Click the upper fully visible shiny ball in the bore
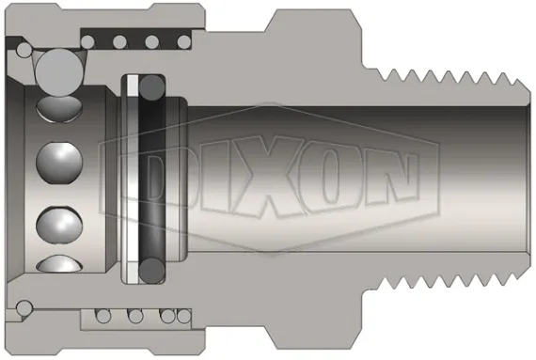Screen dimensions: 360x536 pos(55,163)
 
